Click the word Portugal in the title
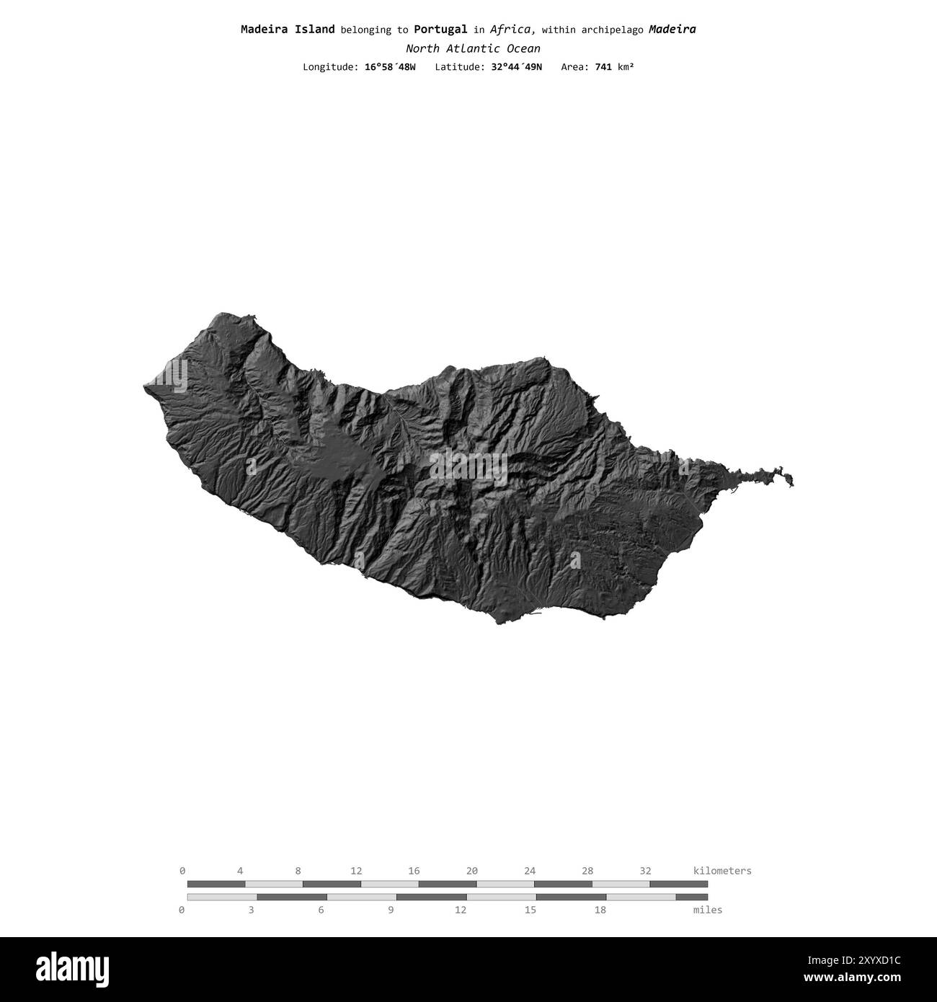click(440, 30)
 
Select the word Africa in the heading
click(512, 30)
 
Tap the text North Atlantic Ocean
click(472, 49)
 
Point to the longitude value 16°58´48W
click(390, 67)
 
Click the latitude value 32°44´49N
click(512, 67)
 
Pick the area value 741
click(603, 67)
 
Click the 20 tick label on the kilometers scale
click(472, 871)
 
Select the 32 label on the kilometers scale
click(645, 871)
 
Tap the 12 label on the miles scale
click(461, 910)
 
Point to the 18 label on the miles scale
click(600, 910)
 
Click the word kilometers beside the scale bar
click(722, 871)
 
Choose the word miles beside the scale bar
click(707, 910)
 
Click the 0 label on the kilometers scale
click(182, 871)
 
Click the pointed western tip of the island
click(146, 389)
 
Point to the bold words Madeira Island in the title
click(288, 30)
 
